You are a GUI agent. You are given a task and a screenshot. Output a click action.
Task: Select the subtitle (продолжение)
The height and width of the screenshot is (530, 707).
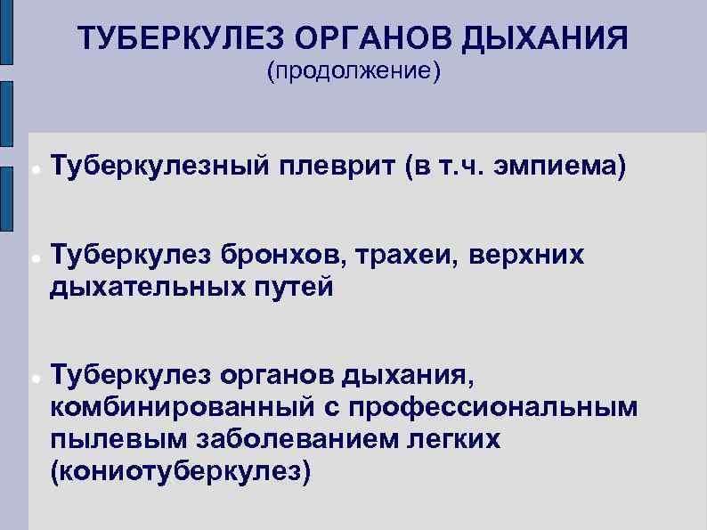353,70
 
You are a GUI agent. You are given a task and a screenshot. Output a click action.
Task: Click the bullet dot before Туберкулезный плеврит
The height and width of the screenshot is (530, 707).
33,168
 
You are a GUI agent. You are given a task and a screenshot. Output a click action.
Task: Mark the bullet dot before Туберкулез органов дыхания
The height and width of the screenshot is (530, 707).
33,379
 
